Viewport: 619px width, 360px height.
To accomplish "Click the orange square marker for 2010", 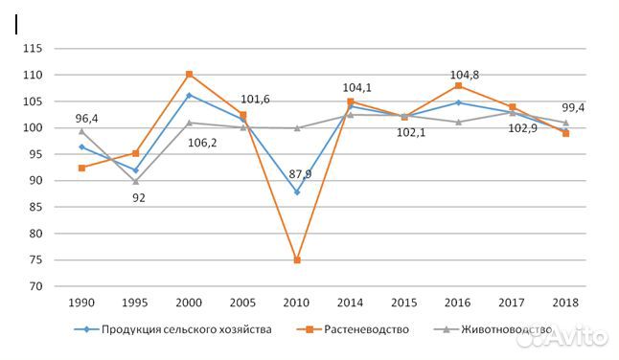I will point(297,259).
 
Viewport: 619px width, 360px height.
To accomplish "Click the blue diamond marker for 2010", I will point(297,191).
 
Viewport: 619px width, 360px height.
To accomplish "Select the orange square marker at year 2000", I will point(189,74).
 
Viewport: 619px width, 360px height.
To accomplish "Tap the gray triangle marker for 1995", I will point(135,181).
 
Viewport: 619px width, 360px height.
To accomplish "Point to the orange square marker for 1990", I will point(81,168).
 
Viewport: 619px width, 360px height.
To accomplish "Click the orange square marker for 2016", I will point(458,85).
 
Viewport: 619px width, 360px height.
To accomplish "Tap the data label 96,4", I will point(88,120).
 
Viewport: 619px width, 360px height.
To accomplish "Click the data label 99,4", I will point(573,108).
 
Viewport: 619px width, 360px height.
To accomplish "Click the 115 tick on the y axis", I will point(33,48).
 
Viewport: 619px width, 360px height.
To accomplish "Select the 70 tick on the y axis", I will point(35,286).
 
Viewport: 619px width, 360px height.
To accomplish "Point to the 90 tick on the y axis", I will point(35,181).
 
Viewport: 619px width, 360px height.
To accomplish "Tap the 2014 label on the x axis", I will point(351,302).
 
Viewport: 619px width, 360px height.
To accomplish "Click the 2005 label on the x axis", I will point(242,302).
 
